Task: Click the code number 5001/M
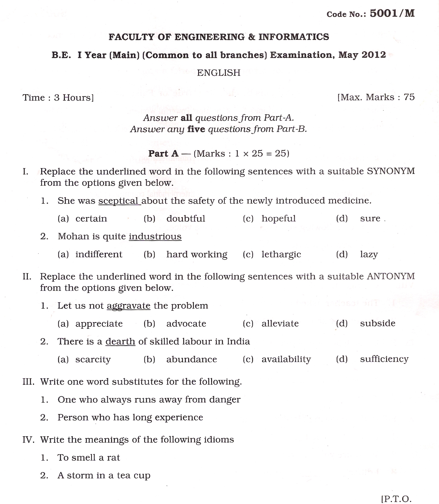392,13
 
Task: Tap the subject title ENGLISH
219,73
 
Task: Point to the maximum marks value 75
409,97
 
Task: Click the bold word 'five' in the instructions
196,129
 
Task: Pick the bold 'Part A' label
163,153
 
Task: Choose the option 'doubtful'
186,219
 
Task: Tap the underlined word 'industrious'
155,236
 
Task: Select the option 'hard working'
197,254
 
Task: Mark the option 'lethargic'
281,254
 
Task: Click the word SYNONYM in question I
391,171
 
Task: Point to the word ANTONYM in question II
391,276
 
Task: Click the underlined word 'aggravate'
128,306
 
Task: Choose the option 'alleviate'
280,324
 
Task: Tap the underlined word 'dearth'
120,342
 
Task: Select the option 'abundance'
191,359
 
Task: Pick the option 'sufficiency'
384,359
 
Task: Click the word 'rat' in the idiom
113,457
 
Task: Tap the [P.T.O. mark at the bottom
396,499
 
